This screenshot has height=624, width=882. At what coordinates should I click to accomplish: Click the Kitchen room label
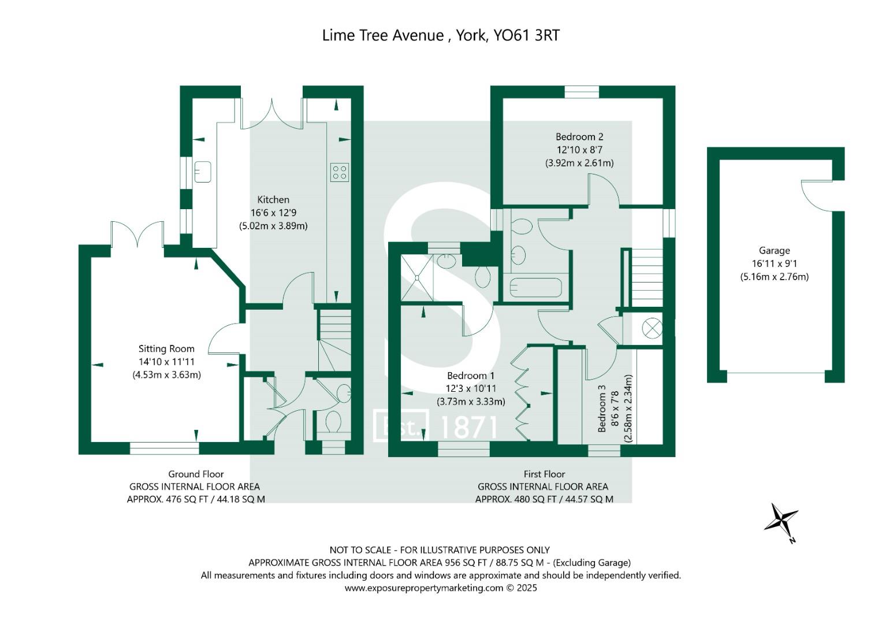(273, 200)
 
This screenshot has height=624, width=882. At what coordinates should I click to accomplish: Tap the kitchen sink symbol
(203, 172)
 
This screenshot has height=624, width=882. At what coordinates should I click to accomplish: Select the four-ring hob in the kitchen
(340, 172)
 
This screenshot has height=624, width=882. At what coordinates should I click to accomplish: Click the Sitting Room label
(166, 349)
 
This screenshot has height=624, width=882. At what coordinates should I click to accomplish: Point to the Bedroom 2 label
(579, 137)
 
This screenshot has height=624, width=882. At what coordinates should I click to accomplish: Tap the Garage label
(774, 251)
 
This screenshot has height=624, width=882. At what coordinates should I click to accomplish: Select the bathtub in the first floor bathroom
(535, 287)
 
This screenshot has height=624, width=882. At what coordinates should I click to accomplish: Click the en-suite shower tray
(416, 278)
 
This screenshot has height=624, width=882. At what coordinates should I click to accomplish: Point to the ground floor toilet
(333, 422)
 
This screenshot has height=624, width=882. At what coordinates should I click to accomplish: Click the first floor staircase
(646, 279)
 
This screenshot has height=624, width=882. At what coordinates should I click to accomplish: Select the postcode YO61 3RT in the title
(527, 35)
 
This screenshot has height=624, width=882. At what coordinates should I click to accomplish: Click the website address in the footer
(424, 588)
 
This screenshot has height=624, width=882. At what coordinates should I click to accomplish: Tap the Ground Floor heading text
(196, 474)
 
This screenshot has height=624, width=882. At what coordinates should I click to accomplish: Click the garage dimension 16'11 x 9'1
(774, 263)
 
